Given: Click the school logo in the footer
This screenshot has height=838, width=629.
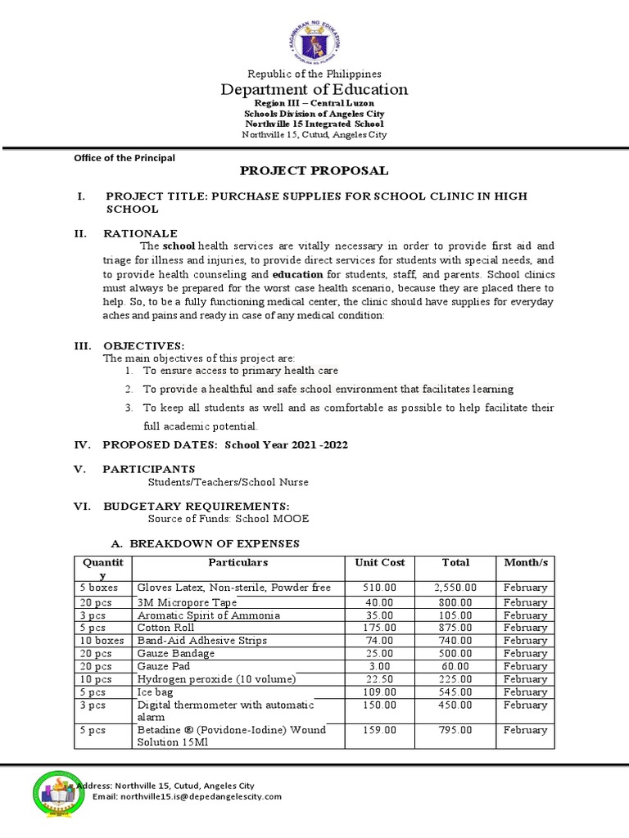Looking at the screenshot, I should (x=58, y=795).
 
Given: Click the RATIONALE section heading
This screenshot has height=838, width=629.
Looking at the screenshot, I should (x=140, y=233).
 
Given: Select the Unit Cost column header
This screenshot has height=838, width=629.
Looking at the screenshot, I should (x=380, y=563).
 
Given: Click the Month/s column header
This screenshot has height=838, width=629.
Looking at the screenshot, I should (x=525, y=563).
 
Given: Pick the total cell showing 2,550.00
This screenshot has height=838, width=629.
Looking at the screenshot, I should (x=455, y=588).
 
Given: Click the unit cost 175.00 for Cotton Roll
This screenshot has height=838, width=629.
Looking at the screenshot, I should (x=380, y=628).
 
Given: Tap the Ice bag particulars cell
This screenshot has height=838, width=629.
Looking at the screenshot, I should (x=156, y=692).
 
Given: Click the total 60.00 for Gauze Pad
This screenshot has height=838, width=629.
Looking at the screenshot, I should (x=455, y=666).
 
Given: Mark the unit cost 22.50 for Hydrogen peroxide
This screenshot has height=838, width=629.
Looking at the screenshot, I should (x=380, y=679).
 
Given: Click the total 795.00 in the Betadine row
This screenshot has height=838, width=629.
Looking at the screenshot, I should (x=455, y=730).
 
